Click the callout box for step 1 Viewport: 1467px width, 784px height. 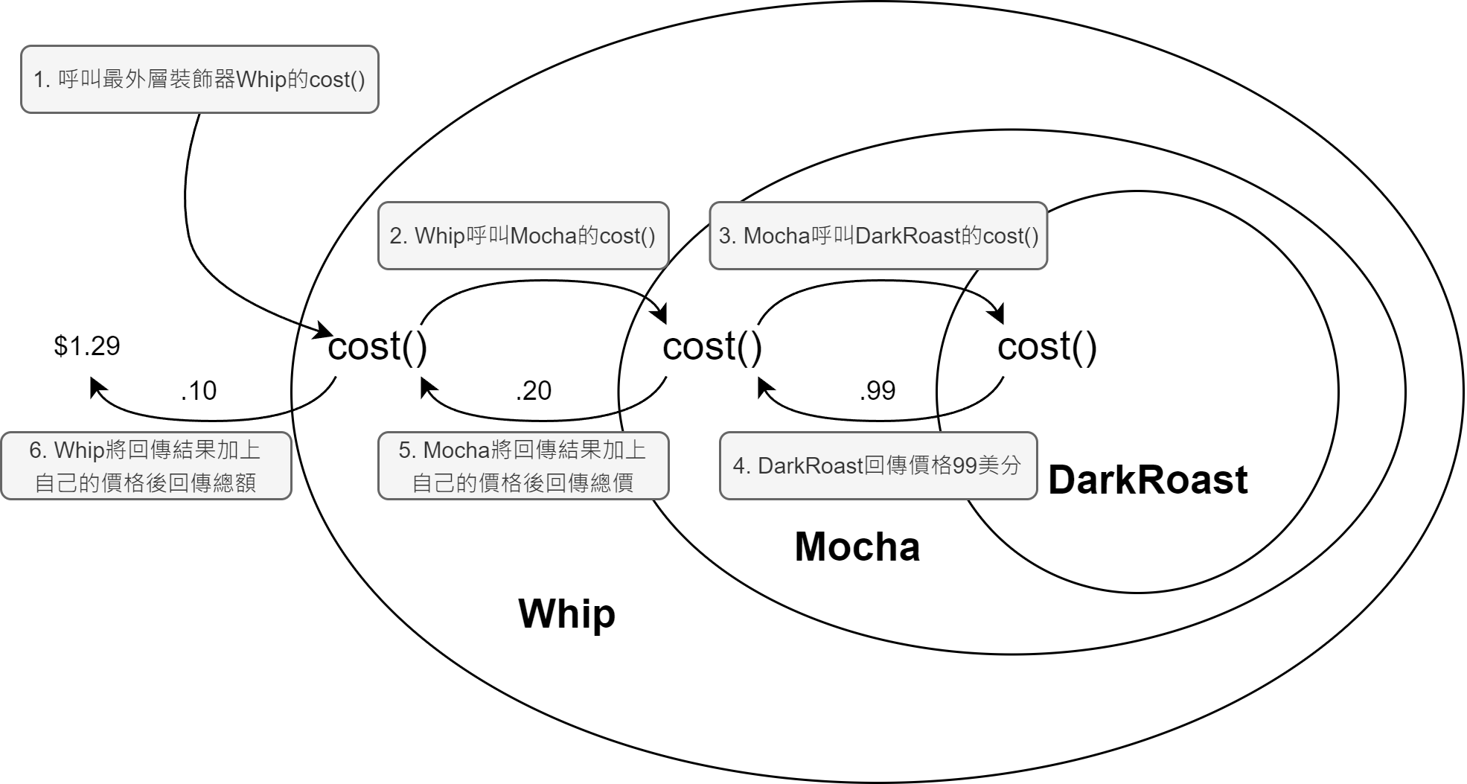click(199, 80)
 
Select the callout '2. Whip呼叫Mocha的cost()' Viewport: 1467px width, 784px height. click(523, 236)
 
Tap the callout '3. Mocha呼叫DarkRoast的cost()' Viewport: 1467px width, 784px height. click(878, 236)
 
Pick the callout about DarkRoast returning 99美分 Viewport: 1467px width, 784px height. click(878, 466)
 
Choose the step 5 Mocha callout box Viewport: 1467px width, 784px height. click(523, 466)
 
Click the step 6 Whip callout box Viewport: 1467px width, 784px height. click(146, 466)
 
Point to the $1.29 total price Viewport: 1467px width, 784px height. click(87, 346)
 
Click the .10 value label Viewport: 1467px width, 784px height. click(199, 391)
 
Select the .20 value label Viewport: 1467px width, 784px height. click(534, 391)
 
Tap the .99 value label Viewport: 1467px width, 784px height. click(878, 391)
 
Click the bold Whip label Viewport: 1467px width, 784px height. click(567, 614)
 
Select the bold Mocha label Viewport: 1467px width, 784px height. click(857, 546)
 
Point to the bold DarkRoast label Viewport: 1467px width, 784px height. click(1148, 479)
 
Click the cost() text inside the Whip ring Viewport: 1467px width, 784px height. click(377, 347)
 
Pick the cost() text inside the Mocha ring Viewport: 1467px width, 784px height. click(712, 347)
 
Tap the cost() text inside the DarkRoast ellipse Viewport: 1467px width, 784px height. click(1047, 347)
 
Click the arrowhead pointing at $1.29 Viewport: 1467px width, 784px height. click(98, 387)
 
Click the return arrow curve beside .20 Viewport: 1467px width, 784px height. click(543, 420)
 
